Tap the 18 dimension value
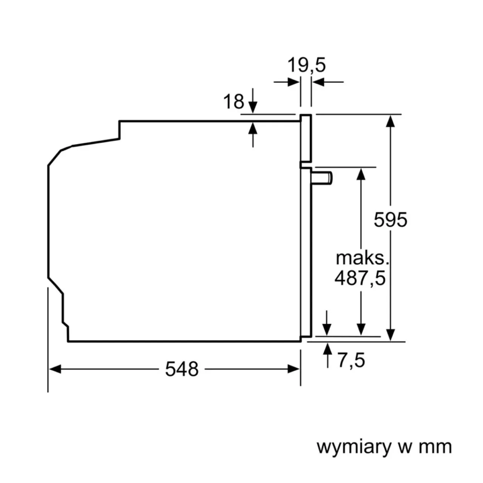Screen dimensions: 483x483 234,102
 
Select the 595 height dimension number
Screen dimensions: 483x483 391,220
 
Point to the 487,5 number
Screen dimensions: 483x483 360,278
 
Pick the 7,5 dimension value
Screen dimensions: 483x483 351,360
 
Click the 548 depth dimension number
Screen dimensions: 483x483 182,369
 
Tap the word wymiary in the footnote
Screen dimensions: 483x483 354,447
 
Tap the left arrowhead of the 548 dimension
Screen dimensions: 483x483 55,369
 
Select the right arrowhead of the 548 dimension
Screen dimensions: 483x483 294,369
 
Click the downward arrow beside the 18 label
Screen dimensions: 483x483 253,106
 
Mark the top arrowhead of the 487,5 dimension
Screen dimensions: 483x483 361,174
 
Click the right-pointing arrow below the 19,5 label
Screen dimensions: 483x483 293,82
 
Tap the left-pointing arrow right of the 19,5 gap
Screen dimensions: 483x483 319,82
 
